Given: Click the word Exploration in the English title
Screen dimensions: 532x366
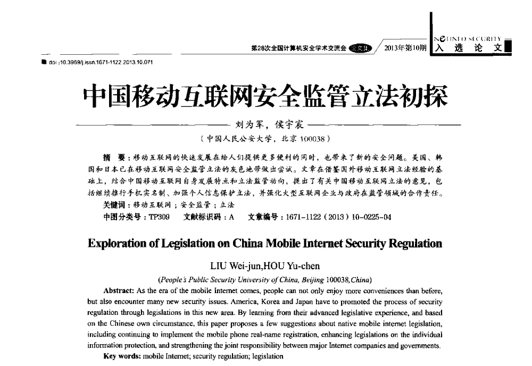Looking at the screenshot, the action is pyautogui.click(x=118, y=244).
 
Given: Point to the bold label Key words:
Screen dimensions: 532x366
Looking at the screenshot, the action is pyautogui.click(x=121, y=356).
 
